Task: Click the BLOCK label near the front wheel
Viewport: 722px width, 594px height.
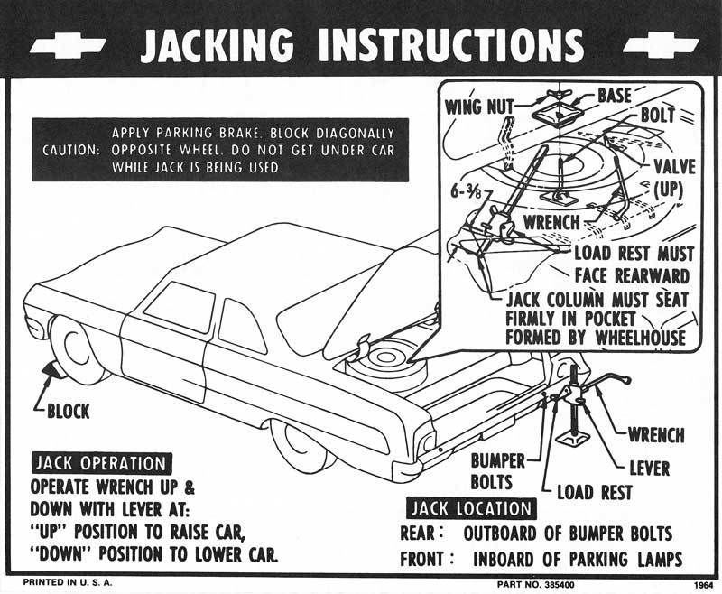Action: [69, 412]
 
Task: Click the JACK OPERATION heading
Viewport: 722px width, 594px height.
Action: [100, 464]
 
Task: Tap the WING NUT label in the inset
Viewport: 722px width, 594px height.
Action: [477, 107]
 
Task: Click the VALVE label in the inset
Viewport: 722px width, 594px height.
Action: [673, 166]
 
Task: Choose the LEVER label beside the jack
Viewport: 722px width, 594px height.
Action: [650, 468]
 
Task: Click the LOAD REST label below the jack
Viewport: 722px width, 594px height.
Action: [594, 493]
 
